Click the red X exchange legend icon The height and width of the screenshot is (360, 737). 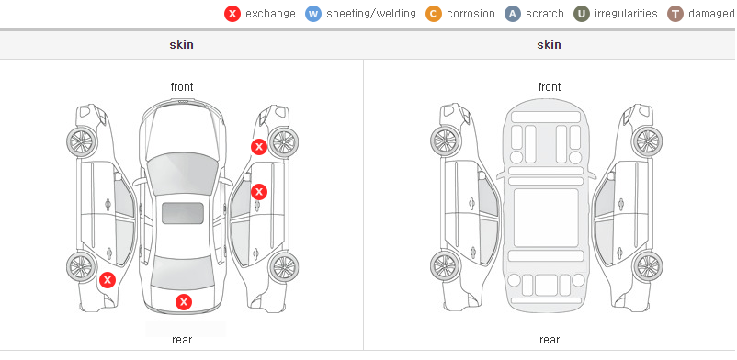[232, 14]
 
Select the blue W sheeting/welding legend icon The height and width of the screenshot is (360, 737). [313, 14]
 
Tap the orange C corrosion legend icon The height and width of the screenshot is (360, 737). [434, 14]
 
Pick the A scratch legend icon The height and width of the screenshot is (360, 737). [513, 14]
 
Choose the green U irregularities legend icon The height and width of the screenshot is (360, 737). [582, 14]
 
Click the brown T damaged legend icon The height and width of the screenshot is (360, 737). [675, 14]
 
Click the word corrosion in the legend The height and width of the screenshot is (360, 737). [471, 14]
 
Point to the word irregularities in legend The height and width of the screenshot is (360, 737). [626, 14]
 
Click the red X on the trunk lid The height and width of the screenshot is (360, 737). [184, 302]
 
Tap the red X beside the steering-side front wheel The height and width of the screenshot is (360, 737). [258, 147]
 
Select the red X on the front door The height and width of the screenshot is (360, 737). [259, 192]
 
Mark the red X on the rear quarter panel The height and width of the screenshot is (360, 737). [108, 281]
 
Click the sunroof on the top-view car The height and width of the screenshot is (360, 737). [183, 213]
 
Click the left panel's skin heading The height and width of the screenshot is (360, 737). [181, 45]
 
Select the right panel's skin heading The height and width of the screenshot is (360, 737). [549, 45]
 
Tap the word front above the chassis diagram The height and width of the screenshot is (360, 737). [550, 87]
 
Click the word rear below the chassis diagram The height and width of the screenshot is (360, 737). [550, 340]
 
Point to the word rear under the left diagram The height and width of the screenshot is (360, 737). [182, 340]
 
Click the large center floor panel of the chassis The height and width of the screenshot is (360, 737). [546, 218]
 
